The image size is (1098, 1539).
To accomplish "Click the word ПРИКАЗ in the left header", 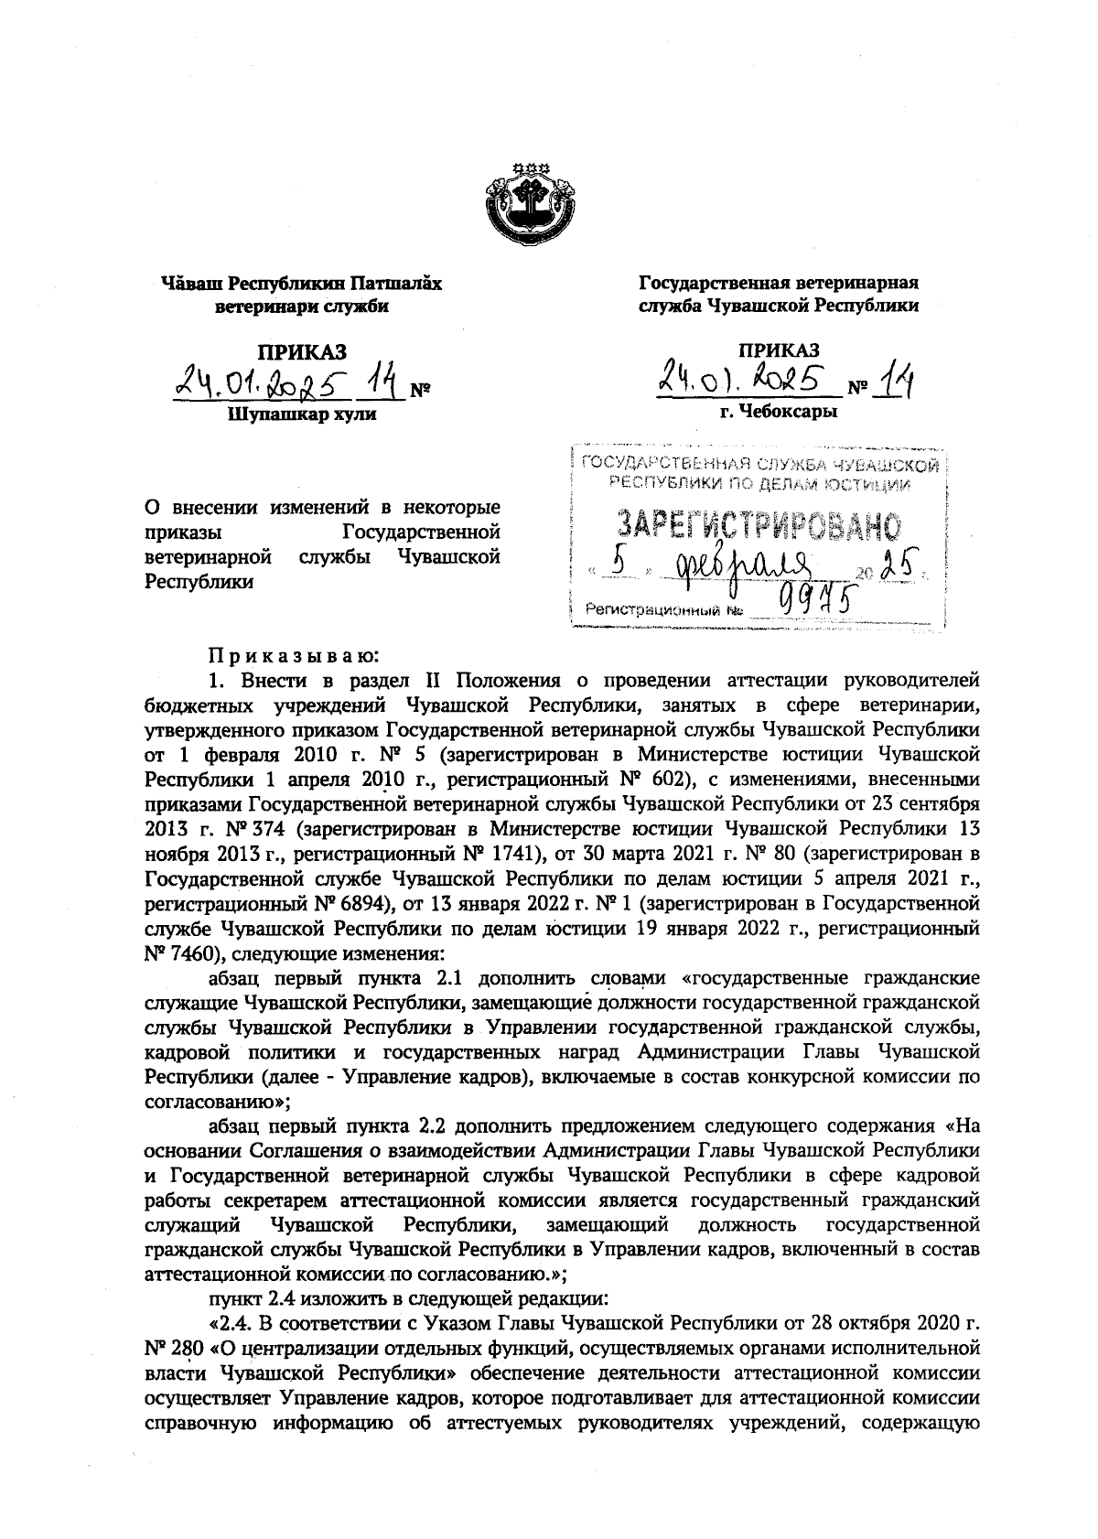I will [302, 350].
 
